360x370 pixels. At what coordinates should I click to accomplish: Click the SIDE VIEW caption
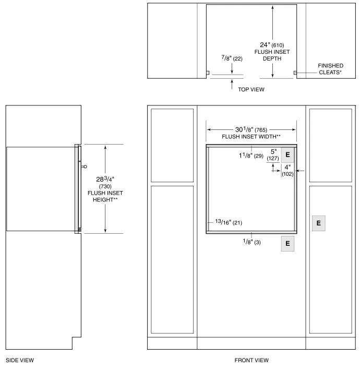tap(20, 360)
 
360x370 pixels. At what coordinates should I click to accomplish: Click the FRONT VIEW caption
tap(251, 360)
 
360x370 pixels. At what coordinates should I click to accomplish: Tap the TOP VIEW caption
tap(251, 90)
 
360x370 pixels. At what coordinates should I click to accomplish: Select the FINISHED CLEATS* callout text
tap(330, 69)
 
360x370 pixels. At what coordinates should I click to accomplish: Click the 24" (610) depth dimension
tap(272, 45)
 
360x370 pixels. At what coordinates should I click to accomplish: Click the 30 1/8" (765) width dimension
tap(251, 129)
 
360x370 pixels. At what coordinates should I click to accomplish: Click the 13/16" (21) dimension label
tap(229, 222)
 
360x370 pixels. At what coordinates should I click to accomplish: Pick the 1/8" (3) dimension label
tap(251, 242)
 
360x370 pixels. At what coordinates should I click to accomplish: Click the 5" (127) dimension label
tap(272, 155)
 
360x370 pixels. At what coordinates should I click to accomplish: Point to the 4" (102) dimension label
tap(287, 170)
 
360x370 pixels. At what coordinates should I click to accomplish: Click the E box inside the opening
tap(287, 155)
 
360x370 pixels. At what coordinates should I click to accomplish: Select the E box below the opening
tap(287, 243)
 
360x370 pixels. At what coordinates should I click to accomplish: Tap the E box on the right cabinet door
tap(318, 223)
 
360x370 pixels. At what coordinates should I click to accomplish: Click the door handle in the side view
tap(83, 167)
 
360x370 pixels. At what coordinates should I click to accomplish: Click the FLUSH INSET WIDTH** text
tap(251, 137)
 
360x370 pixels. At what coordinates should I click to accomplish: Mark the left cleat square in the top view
tap(207, 73)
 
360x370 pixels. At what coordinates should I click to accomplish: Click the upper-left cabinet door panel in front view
tap(172, 145)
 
